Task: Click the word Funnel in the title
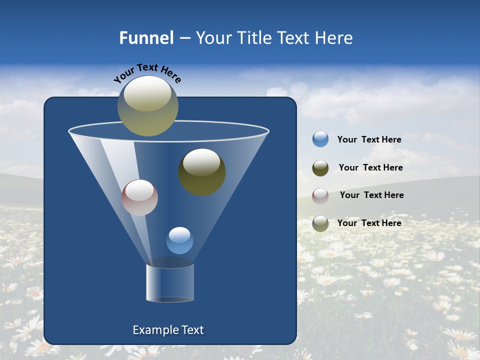click(x=146, y=38)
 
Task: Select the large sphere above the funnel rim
click(x=148, y=106)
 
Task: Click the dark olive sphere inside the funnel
click(x=202, y=172)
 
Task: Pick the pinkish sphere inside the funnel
click(x=139, y=197)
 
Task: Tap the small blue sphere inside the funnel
click(x=179, y=240)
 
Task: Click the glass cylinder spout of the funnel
click(x=170, y=283)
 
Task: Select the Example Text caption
click(x=168, y=330)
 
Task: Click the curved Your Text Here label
click(x=147, y=72)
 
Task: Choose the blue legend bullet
click(x=320, y=139)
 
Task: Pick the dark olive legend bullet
click(x=320, y=168)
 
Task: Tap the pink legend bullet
click(x=320, y=195)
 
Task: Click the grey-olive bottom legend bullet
click(x=320, y=223)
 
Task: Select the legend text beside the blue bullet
click(x=369, y=139)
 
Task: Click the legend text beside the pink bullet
click(x=371, y=195)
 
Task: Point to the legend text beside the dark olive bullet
click(x=370, y=167)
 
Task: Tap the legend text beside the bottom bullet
click(x=369, y=223)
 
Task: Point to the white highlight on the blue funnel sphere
click(x=179, y=234)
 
